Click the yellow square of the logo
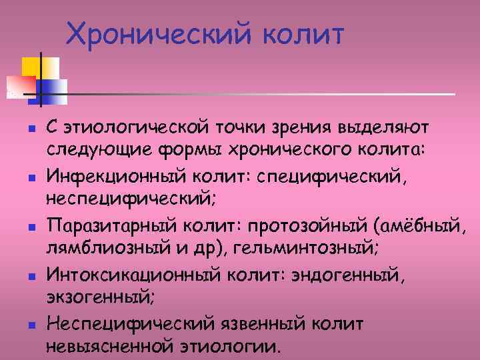tap(32, 67)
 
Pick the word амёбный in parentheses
tap(425, 223)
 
